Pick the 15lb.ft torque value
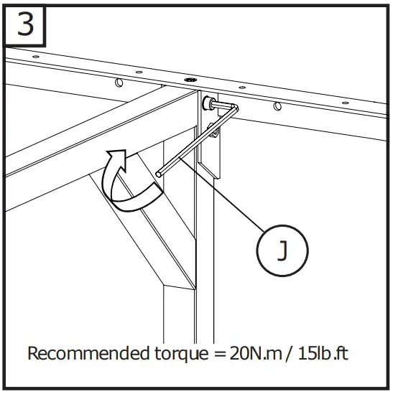coord(323,354)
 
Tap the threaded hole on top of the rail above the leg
coord(190,80)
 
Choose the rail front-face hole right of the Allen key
coord(277,108)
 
